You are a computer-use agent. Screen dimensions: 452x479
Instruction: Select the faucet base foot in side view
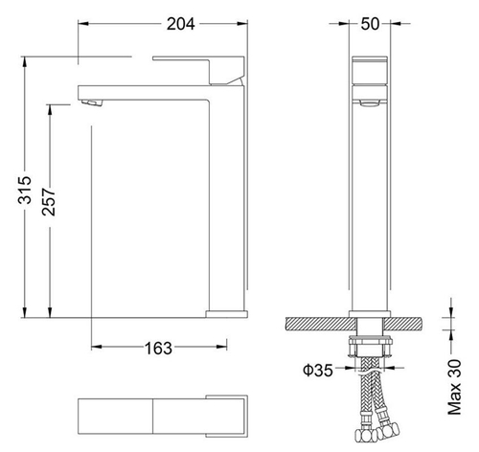point(226,313)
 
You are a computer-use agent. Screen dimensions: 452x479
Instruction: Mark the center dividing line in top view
point(152,414)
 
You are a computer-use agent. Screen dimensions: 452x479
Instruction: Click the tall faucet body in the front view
point(371,211)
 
